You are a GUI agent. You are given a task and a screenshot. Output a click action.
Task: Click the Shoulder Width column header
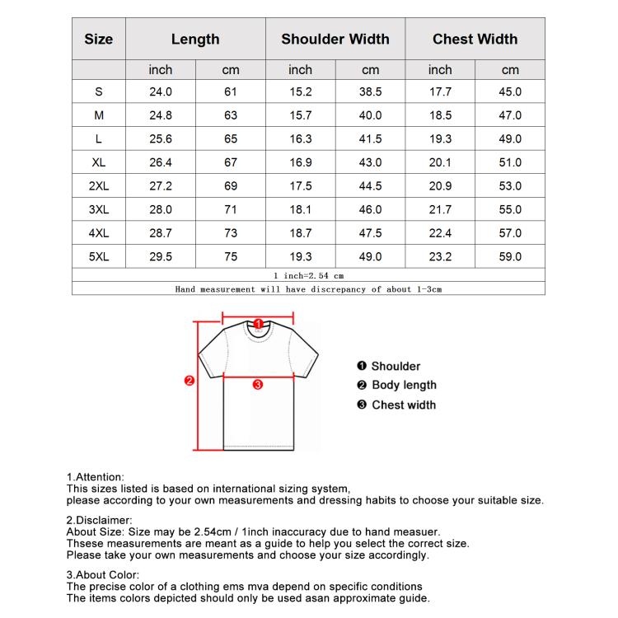point(335,39)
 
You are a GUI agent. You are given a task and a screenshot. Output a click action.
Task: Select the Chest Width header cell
point(475,39)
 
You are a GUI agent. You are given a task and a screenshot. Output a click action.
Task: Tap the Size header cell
point(99,39)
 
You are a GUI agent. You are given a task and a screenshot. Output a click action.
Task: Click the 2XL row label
point(99,186)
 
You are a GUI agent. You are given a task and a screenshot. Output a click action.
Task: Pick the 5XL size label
point(99,257)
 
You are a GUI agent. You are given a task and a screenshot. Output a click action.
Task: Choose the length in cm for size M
point(231,116)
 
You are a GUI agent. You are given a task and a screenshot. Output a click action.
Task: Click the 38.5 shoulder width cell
point(371,92)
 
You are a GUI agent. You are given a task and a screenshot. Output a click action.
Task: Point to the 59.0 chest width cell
point(510,257)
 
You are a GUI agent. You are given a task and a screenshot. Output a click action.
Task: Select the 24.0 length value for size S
point(161,92)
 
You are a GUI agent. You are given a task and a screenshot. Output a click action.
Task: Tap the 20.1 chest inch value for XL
point(440,163)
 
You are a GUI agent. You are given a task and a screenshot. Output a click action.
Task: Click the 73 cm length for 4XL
point(231,234)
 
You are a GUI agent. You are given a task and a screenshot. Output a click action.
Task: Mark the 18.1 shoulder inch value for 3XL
point(301,210)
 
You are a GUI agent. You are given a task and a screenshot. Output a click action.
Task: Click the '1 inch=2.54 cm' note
point(308,275)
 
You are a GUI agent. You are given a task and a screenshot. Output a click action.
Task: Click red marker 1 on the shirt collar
point(258,324)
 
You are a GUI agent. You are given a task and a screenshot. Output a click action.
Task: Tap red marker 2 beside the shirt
point(189,381)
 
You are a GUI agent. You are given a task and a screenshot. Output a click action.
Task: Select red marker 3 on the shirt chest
point(257,384)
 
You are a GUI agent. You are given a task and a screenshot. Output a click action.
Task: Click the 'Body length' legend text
point(404,385)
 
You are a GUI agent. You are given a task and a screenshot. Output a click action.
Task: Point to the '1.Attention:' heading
point(95,477)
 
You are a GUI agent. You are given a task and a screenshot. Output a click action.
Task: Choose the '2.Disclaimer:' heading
point(99,520)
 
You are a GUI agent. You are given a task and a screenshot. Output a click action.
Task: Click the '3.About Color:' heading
point(103,574)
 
